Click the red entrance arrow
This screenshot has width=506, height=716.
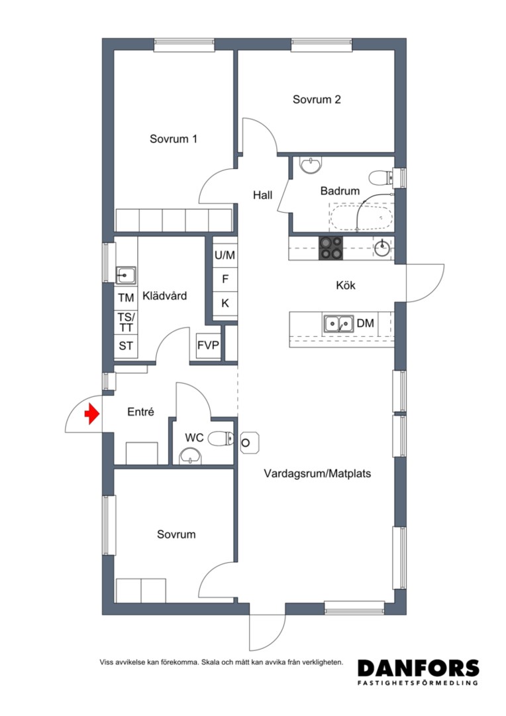pyautogui.click(x=92, y=414)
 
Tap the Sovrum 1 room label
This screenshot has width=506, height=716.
pyautogui.click(x=174, y=139)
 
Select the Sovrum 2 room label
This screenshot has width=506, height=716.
pyautogui.click(x=317, y=99)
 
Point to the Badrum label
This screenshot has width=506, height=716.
pyautogui.click(x=340, y=191)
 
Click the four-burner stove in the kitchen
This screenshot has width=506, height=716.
pyautogui.click(x=330, y=249)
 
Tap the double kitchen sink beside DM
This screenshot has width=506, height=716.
pyautogui.click(x=338, y=324)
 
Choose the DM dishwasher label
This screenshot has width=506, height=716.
pyautogui.click(x=366, y=324)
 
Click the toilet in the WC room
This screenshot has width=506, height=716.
pyautogui.click(x=221, y=439)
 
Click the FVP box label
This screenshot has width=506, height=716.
pyautogui.click(x=208, y=345)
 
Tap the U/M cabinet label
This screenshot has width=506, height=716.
pyautogui.click(x=225, y=255)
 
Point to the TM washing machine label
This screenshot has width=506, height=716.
pyautogui.click(x=126, y=298)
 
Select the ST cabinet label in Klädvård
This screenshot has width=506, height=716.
pyautogui.click(x=126, y=346)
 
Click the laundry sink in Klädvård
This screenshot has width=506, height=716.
pyautogui.click(x=125, y=276)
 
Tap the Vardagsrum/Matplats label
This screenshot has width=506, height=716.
pyautogui.click(x=317, y=473)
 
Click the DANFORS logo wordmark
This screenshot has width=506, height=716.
pyautogui.click(x=419, y=668)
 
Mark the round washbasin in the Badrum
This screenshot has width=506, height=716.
pyautogui.click(x=311, y=165)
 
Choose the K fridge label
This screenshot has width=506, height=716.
pyautogui.click(x=225, y=303)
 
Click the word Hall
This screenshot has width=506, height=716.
pyautogui.click(x=263, y=196)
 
